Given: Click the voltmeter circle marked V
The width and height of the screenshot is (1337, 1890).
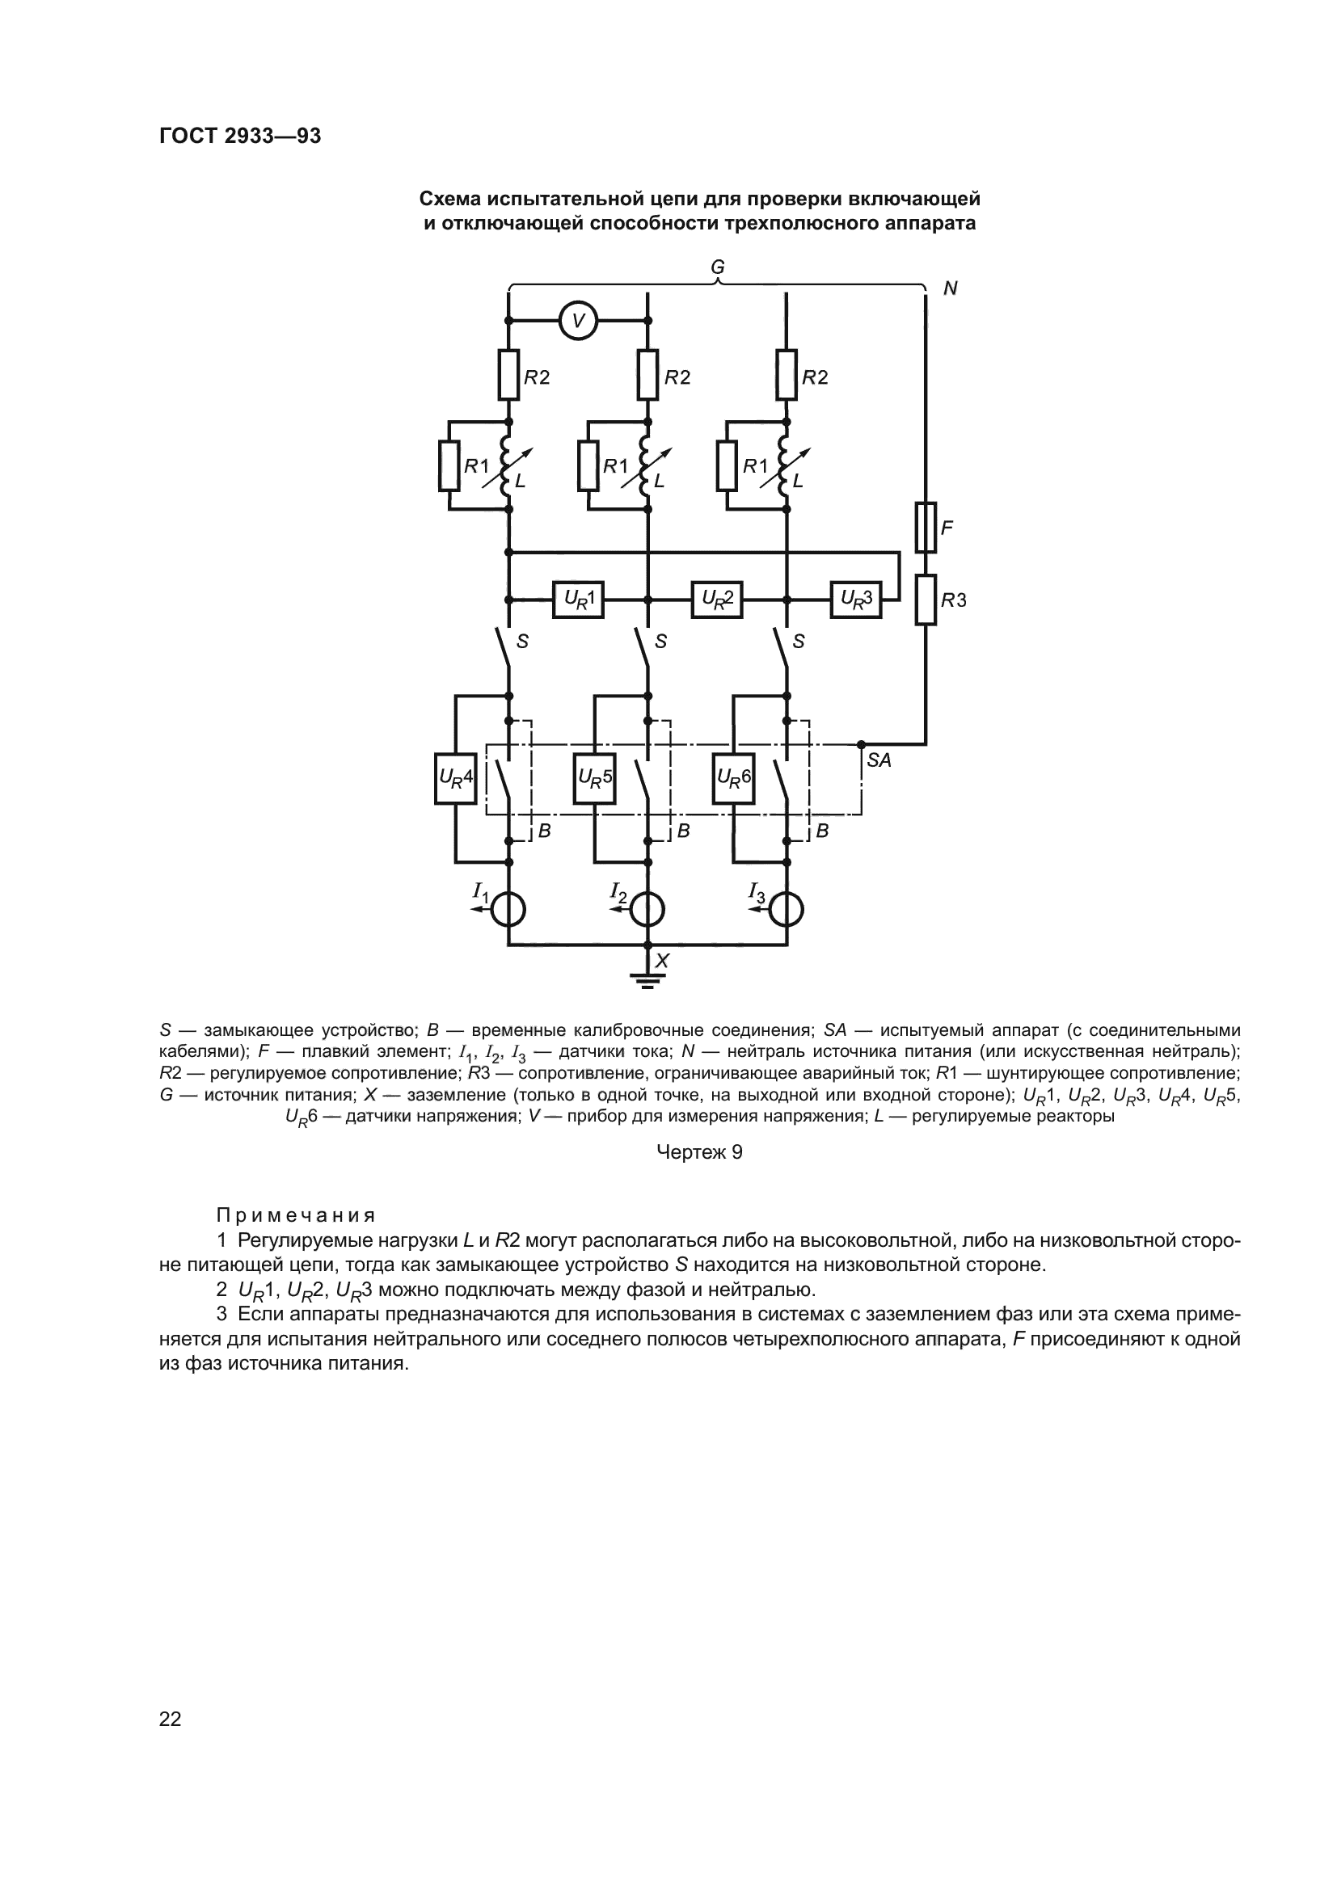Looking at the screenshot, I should pos(578,320).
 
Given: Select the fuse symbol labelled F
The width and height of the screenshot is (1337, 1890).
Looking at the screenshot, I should pos(926,527).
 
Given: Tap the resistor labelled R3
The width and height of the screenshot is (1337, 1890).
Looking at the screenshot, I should pos(926,600).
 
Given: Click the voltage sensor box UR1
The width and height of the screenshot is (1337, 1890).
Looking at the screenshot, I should pos(578,600).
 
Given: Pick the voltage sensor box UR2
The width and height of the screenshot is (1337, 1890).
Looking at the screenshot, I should pos(717,600).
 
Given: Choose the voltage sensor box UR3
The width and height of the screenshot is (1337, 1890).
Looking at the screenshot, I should pos(856,600).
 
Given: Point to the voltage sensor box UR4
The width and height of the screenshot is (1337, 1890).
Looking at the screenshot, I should pos(455,778).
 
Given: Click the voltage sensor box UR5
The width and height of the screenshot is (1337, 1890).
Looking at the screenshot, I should pos(594,778).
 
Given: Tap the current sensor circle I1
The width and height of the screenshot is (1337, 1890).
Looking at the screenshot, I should pos(508,910).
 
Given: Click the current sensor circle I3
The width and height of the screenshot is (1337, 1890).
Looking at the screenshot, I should pos(787,910).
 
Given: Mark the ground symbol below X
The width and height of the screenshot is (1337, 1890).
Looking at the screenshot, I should pos(647,980).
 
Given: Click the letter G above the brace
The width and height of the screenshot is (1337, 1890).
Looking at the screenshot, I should pos(717,267).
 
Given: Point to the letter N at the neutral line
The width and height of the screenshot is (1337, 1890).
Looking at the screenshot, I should pos(950,289).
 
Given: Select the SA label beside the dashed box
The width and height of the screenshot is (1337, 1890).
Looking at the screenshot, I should pos(879,760).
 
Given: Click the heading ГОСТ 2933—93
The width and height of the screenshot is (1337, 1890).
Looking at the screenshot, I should pos(239,136).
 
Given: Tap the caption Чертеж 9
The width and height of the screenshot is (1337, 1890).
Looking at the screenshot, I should pos(699,1152).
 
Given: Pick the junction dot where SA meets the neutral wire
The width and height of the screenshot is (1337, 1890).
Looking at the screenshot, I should pos(861,744).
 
